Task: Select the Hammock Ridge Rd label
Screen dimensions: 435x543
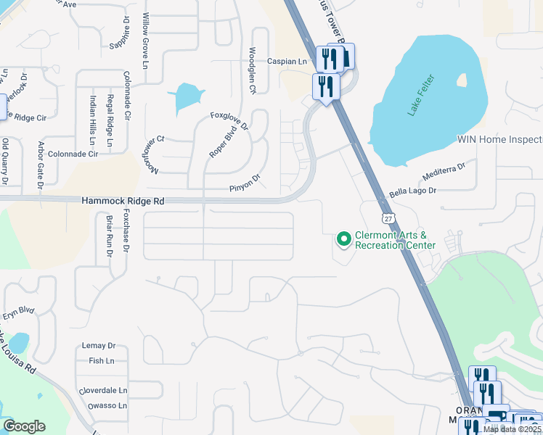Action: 123,200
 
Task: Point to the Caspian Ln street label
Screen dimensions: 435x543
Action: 287,62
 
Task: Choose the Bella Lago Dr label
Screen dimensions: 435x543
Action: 412,191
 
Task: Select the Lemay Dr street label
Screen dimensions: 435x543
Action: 101,346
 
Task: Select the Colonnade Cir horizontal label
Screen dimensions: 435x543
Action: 73,154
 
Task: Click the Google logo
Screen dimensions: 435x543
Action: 24,426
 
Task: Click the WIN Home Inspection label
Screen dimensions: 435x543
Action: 499,139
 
